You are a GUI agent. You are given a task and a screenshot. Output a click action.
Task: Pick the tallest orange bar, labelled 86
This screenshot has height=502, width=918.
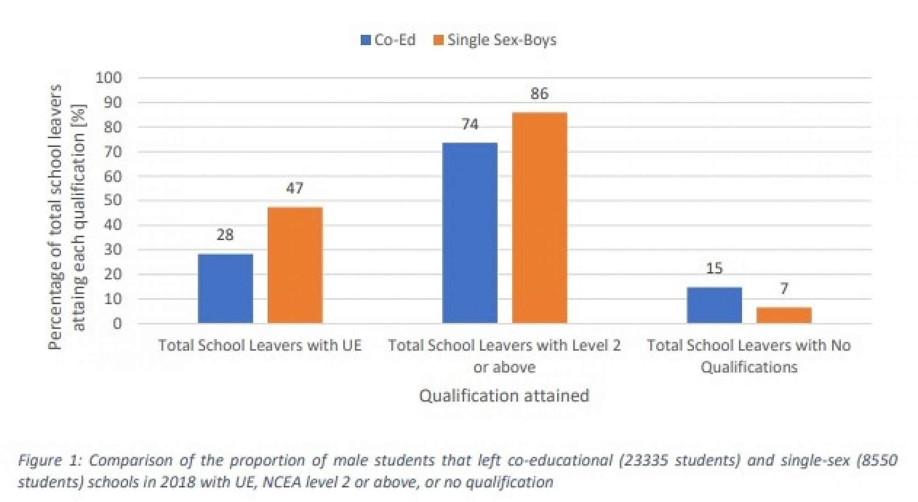pos(539,218)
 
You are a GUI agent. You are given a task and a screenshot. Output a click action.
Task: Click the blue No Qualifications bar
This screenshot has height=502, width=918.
pos(714,305)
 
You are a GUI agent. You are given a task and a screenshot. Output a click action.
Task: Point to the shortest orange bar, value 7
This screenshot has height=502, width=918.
pos(784,315)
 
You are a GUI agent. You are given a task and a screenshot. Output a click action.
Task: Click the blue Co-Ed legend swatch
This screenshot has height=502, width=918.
pos(366,40)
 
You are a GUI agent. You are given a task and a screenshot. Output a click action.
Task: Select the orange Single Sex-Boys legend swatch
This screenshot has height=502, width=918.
pos(438,40)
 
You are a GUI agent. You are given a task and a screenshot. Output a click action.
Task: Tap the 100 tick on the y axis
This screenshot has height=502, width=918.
pos(109,78)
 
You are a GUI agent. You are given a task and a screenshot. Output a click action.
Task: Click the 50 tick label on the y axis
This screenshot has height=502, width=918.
pos(113,201)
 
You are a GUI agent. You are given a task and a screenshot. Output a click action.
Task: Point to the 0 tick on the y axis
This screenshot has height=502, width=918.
pos(118,324)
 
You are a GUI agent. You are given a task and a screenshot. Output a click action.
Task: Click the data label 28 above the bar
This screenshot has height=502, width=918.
pos(225,235)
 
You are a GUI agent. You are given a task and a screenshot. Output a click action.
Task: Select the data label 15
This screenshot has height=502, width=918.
pos(714,268)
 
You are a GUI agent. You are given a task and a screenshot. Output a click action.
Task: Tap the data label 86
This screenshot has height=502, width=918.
pos(539,94)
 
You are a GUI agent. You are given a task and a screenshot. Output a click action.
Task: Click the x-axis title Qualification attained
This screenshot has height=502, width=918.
pos(504,396)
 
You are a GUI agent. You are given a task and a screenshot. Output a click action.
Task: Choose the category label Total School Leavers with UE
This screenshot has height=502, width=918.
pos(260,346)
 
